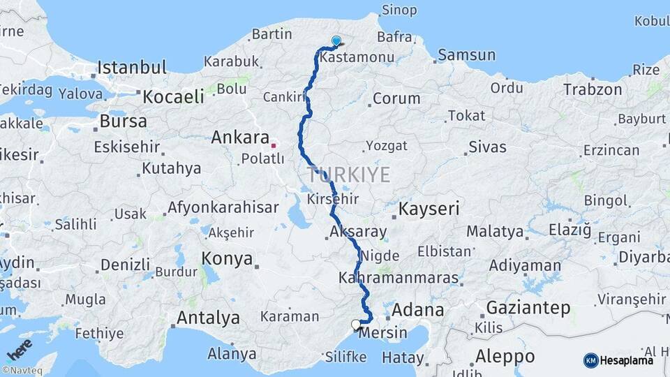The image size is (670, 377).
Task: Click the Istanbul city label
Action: pyautogui.click(x=132, y=68)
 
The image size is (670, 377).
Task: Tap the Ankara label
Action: pyautogui.click(x=240, y=137)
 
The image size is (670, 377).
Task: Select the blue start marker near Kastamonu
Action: pyautogui.click(x=336, y=42)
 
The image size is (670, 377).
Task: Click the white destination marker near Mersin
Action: pyautogui.click(x=356, y=325)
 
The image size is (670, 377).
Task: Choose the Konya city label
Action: pyautogui.click(x=227, y=259)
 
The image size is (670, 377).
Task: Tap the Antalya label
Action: pyautogui.click(x=208, y=318)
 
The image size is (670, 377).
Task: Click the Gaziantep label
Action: pyautogui.click(x=528, y=307)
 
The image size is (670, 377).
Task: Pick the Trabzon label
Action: pyautogui.click(x=593, y=89)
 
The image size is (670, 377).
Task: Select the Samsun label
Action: pyautogui.click(x=466, y=54)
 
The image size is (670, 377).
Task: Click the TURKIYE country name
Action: pyautogui.click(x=348, y=175)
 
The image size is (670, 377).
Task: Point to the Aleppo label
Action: pyautogui.click(x=505, y=356)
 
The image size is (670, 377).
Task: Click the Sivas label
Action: pyautogui.click(x=487, y=147)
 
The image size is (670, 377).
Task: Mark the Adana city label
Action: pyautogui.click(x=418, y=309)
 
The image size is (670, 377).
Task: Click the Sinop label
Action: pyautogui.click(x=399, y=10)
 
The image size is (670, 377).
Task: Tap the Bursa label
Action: pyautogui.click(x=124, y=121)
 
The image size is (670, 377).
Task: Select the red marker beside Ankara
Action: pyautogui.click(x=274, y=146)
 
